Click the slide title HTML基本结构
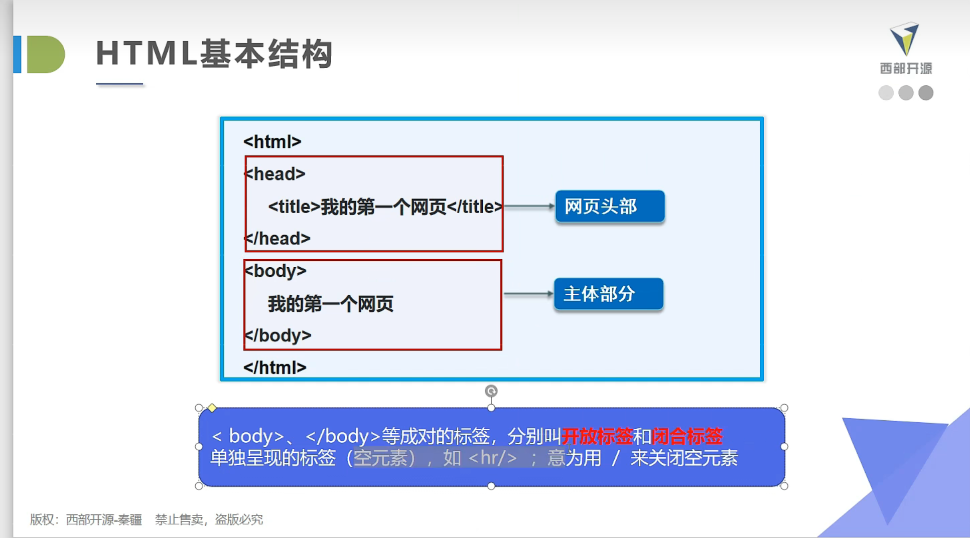[x=214, y=54]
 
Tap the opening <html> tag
[x=272, y=142]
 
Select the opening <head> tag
[x=275, y=174]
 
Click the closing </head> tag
[x=278, y=239]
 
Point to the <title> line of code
[x=385, y=207]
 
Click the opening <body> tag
[x=275, y=271]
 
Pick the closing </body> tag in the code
[x=278, y=335]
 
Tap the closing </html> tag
[x=274, y=368]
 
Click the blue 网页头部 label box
[x=610, y=206]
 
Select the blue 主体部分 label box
[x=608, y=294]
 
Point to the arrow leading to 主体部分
[x=528, y=294]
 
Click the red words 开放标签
[x=597, y=436]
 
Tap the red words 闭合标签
[x=687, y=436]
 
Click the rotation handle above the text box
[x=491, y=391]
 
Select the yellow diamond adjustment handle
[x=212, y=408]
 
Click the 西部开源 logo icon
[x=905, y=39]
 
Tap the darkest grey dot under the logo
[x=926, y=93]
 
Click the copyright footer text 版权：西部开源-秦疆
[x=86, y=519]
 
